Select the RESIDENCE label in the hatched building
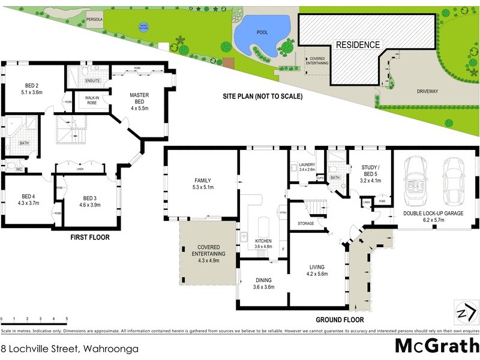tap(357, 45)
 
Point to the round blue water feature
tap(143, 26)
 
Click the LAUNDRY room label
tap(307, 167)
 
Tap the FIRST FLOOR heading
tap(91, 237)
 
